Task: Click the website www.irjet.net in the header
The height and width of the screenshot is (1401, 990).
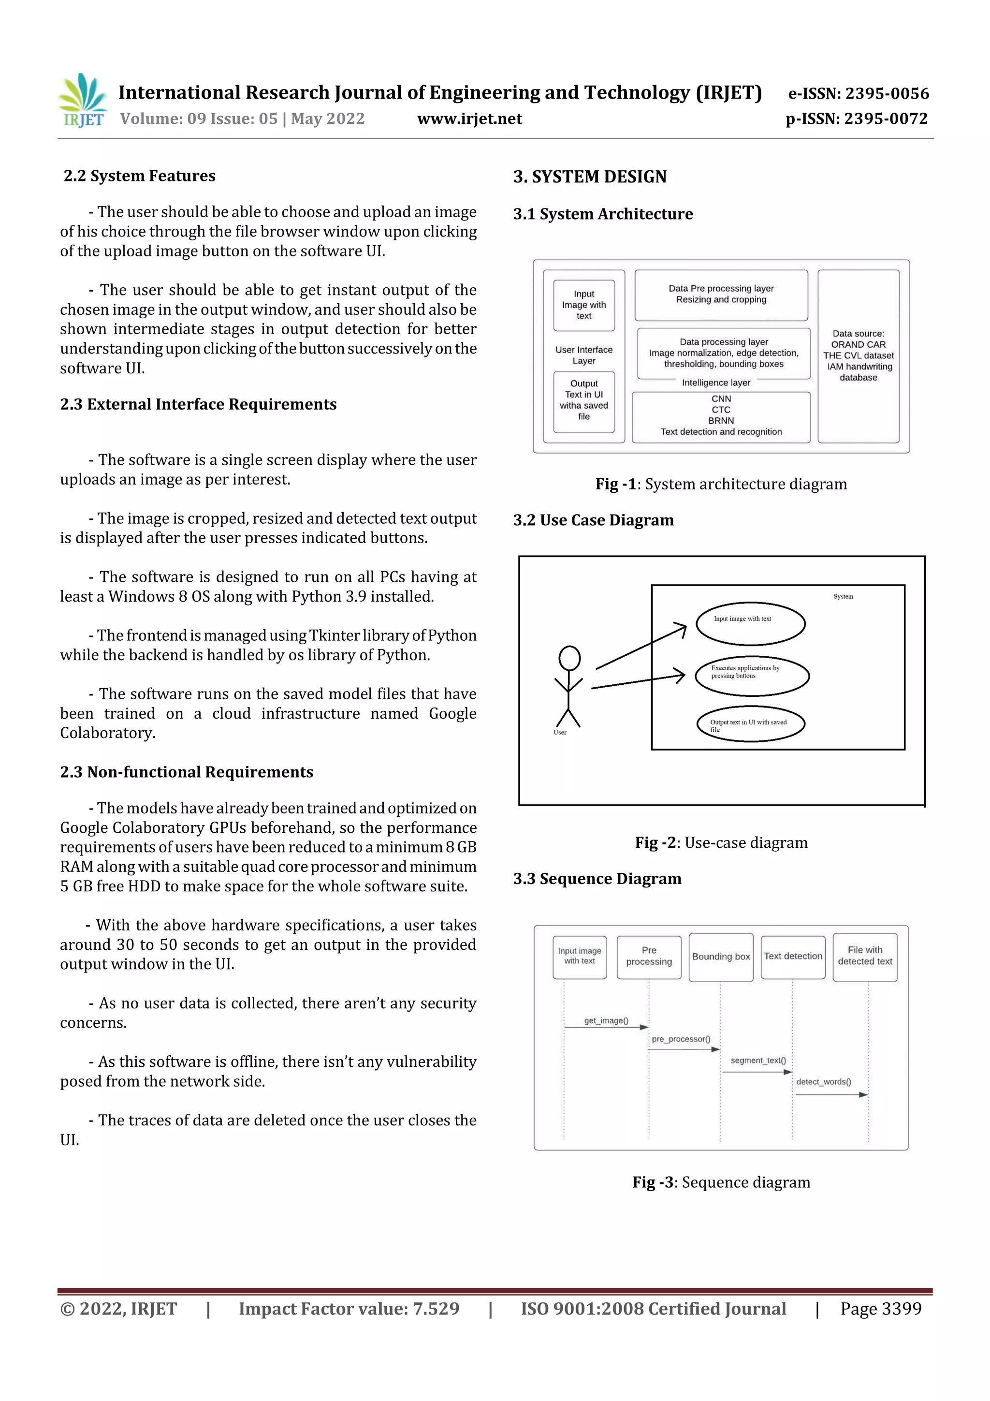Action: (x=469, y=119)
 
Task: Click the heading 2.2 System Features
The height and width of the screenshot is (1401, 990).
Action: (x=140, y=177)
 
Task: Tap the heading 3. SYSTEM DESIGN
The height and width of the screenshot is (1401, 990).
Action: (x=590, y=177)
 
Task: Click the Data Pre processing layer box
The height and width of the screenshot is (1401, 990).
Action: (x=721, y=295)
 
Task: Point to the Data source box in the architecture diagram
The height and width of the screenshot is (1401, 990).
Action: (x=858, y=356)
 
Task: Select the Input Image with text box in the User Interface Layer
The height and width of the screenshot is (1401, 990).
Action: (x=584, y=305)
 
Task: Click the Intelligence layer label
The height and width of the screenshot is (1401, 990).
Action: (x=716, y=383)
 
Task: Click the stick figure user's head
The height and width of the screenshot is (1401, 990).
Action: (x=569, y=658)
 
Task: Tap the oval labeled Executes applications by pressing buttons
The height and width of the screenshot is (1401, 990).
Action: (x=752, y=676)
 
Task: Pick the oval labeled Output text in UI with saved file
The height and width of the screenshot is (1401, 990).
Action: (x=750, y=724)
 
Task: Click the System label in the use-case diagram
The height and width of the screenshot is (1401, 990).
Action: (x=843, y=596)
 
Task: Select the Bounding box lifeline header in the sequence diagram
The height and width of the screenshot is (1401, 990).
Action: (x=721, y=957)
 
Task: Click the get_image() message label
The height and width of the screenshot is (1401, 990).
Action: (x=606, y=1020)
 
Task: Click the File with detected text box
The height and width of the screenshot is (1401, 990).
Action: (x=864, y=956)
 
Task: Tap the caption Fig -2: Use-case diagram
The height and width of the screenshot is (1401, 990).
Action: (x=721, y=842)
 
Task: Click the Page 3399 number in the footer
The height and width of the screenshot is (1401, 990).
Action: (x=880, y=1309)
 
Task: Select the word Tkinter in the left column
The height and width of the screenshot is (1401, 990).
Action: (x=334, y=636)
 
